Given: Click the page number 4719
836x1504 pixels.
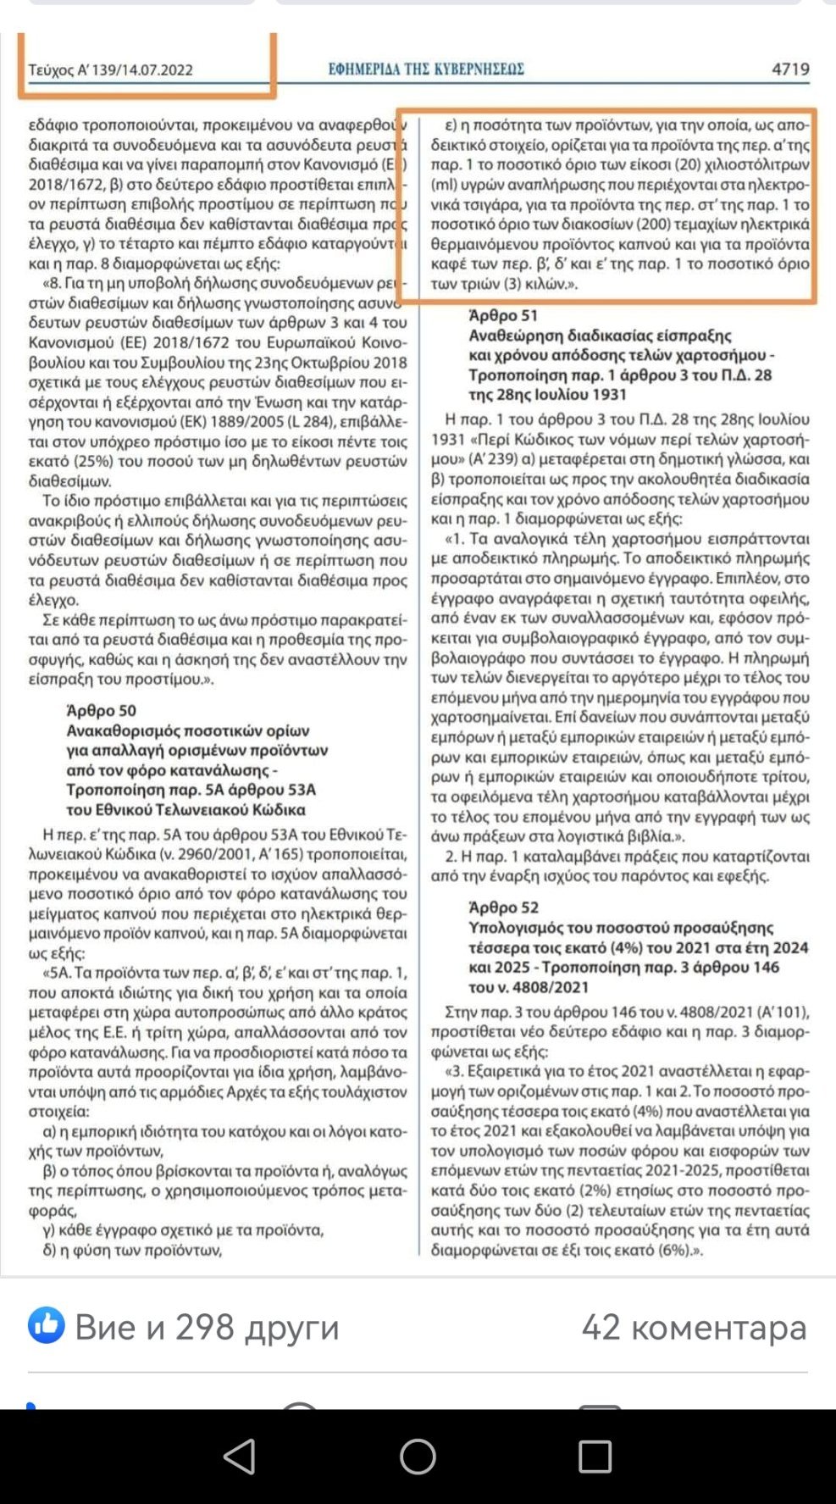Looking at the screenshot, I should pyautogui.click(x=789, y=69).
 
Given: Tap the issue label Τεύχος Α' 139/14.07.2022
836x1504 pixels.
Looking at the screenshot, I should pyautogui.click(x=110, y=70).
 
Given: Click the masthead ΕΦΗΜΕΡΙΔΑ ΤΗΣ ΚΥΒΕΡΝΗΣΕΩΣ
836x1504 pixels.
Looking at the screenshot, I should pyautogui.click(x=426, y=69).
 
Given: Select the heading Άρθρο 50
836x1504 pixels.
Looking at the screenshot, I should pyautogui.click(x=101, y=711).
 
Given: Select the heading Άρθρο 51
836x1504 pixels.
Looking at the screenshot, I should pyautogui.click(x=503, y=315).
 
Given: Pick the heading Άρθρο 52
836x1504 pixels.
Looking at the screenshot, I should pyautogui.click(x=503, y=907).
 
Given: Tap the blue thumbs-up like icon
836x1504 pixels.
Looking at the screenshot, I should pyautogui.click(x=46, y=1325).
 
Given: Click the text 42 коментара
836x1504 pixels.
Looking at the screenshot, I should pyautogui.click(x=694, y=1327).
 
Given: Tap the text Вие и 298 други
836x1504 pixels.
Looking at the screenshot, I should pyautogui.click(x=207, y=1327).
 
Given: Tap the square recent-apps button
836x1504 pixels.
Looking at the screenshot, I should pyautogui.click(x=595, y=1457).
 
